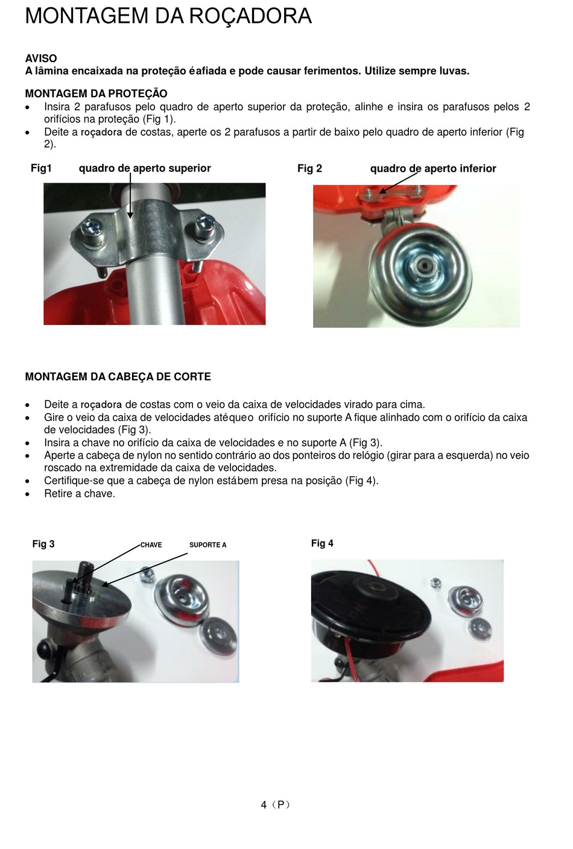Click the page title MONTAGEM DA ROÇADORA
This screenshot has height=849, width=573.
pyautogui.click(x=168, y=16)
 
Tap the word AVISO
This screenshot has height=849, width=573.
pyautogui.click(x=41, y=58)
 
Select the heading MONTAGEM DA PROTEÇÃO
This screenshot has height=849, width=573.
pyautogui.click(x=97, y=93)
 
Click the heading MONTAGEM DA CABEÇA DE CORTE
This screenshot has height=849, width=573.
pyautogui.click(x=118, y=377)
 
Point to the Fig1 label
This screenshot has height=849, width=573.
pyautogui.click(x=41, y=168)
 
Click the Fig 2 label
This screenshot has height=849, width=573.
pyautogui.click(x=309, y=169)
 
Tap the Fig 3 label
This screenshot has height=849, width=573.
pyautogui.click(x=43, y=544)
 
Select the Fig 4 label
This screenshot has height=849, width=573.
pyautogui.click(x=322, y=543)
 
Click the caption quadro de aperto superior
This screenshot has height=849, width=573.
pyautogui.click(x=145, y=168)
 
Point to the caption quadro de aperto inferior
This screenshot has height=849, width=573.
pyautogui.click(x=433, y=169)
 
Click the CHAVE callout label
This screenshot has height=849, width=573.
pyautogui.click(x=151, y=545)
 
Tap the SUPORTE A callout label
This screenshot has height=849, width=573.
pyautogui.click(x=208, y=545)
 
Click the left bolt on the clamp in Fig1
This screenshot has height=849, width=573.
pyautogui.click(x=91, y=230)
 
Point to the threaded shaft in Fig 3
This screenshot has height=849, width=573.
pyautogui.click(x=86, y=572)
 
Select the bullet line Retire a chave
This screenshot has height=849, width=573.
pyautogui.click(x=80, y=494)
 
